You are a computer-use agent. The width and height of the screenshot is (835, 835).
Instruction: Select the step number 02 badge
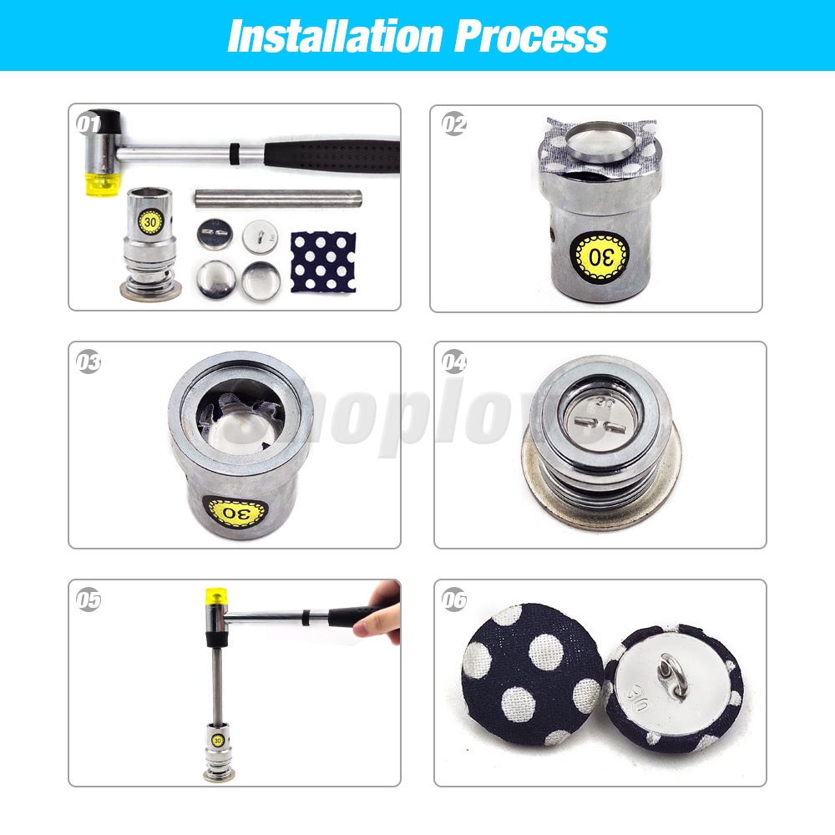pos(454,124)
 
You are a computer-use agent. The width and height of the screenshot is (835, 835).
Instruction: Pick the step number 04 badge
pos(454,362)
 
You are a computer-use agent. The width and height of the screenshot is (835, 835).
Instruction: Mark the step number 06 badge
pos(454,600)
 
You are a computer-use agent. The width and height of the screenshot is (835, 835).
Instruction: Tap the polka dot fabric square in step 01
pos(322,261)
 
